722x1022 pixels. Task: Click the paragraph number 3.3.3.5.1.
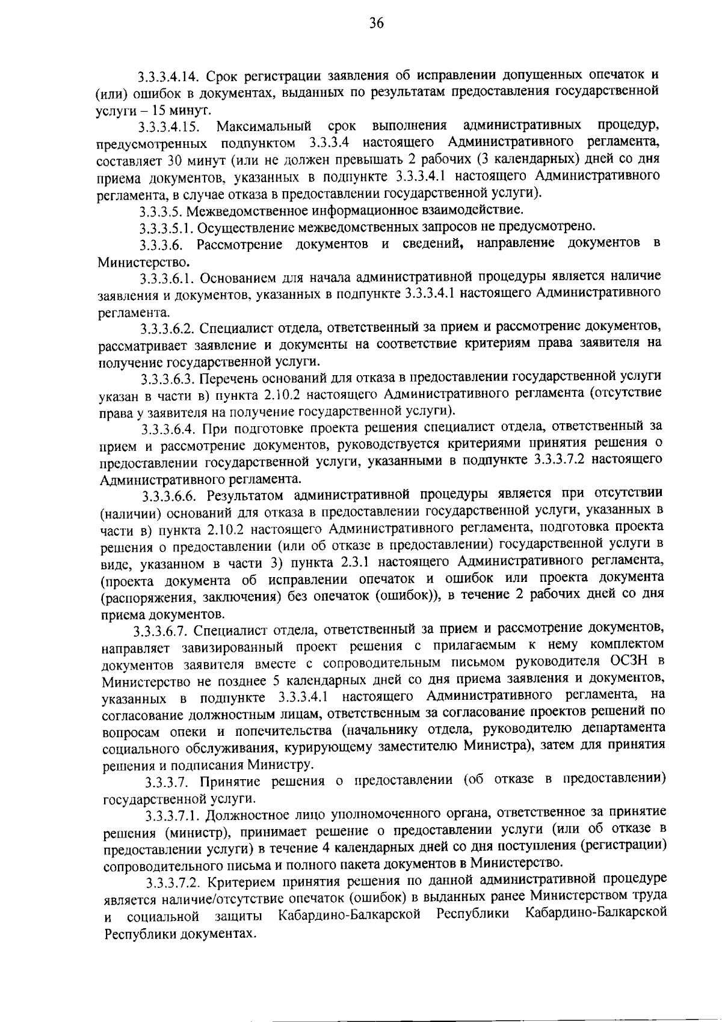click(166, 228)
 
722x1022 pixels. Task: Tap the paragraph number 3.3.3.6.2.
click(168, 328)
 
